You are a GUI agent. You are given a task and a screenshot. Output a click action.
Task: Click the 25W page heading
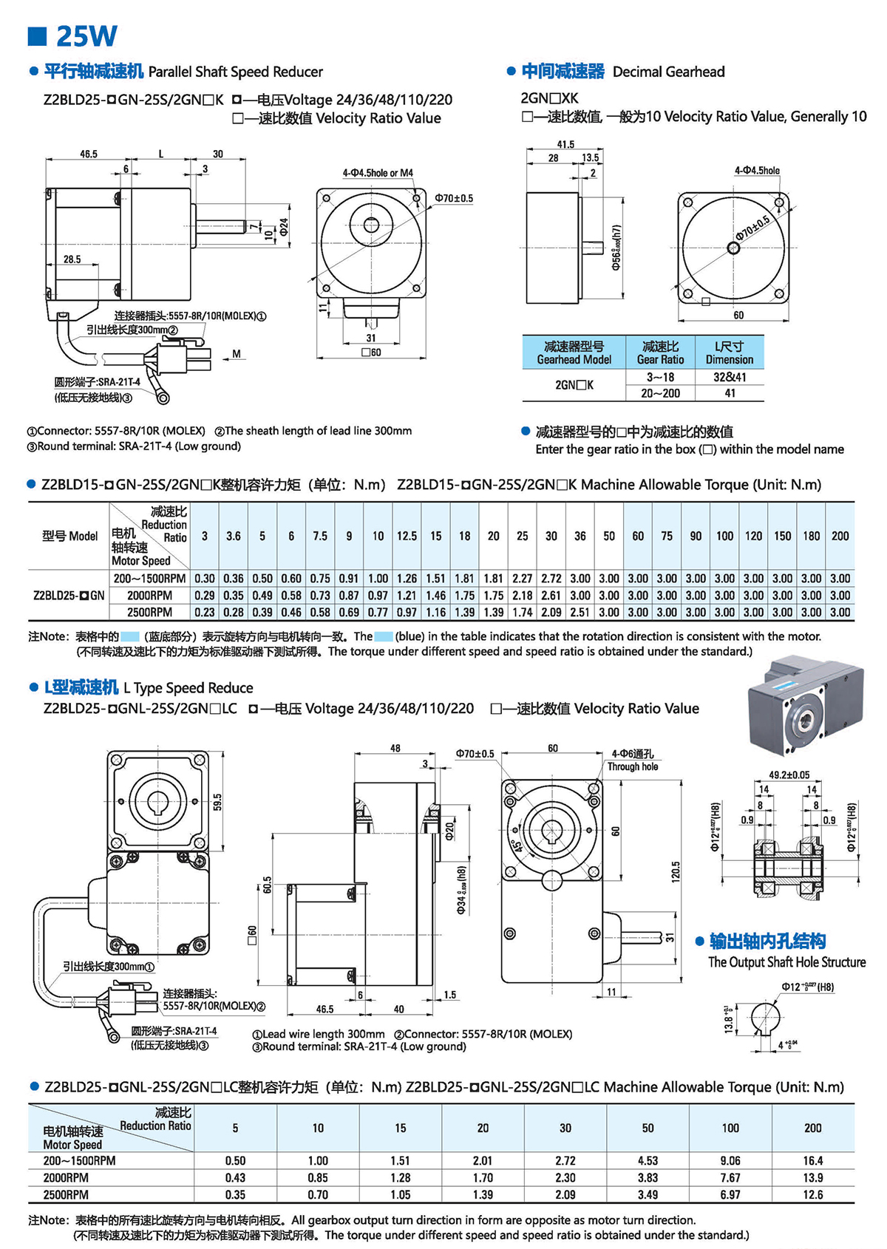(x=86, y=35)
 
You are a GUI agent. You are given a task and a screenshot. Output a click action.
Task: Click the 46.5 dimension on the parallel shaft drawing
(x=89, y=154)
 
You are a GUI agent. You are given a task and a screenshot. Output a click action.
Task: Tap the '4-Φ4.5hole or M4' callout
(x=378, y=173)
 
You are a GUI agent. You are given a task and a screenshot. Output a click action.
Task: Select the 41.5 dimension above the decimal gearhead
(x=565, y=144)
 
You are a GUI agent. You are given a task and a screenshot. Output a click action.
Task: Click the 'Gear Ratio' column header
(x=660, y=353)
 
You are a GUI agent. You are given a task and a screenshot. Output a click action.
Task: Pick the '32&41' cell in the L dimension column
(x=730, y=377)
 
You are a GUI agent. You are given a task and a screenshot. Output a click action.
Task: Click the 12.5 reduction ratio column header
(x=407, y=536)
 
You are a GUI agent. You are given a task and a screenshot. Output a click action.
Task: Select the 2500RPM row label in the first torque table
(x=149, y=612)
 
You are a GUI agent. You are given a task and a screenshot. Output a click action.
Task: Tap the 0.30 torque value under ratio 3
(x=205, y=579)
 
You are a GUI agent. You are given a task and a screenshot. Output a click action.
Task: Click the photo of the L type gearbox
(x=806, y=705)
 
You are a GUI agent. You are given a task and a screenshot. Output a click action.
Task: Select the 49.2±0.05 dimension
(x=789, y=775)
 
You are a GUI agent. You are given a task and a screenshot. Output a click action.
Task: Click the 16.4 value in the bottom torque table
(x=812, y=1161)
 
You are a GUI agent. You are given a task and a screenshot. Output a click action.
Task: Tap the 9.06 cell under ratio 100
(x=730, y=1161)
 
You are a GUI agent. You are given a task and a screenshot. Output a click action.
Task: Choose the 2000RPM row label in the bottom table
(x=66, y=1177)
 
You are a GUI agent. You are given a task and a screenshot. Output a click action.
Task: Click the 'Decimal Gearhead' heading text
(x=668, y=72)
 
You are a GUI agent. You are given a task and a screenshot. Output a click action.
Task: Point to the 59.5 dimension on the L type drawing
(x=217, y=802)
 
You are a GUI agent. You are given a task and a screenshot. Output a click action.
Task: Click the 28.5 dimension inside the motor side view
(x=72, y=259)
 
